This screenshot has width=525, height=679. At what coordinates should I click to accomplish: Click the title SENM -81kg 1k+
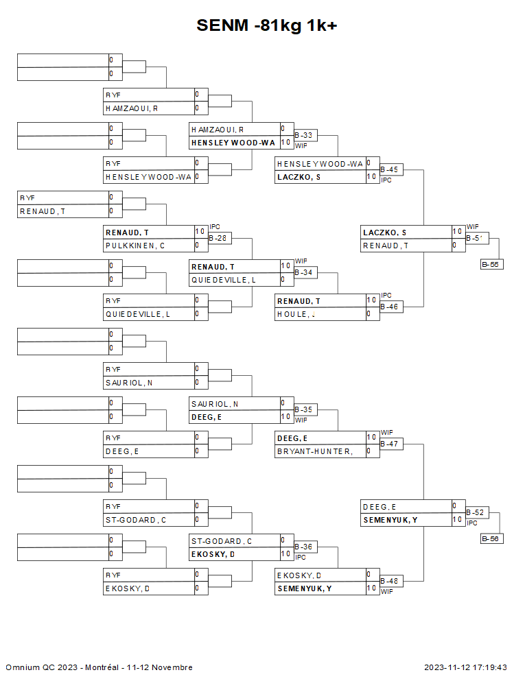pyautogui.click(x=266, y=25)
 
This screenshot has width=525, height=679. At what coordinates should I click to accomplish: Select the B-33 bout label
pyautogui.click(x=303, y=135)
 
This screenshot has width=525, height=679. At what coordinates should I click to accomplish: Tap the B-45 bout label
pyautogui.click(x=390, y=169)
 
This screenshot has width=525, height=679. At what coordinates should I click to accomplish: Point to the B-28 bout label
pyautogui.click(x=218, y=238)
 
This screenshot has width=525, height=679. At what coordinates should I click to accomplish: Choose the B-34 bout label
pyautogui.click(x=303, y=272)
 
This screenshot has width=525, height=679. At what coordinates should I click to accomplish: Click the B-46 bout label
pyautogui.click(x=390, y=307)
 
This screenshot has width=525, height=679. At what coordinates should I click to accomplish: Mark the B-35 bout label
pyautogui.click(x=303, y=409)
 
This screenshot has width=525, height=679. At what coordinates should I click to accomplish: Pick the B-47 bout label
pyautogui.click(x=390, y=444)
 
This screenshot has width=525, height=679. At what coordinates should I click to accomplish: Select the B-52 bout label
pyautogui.click(x=475, y=512)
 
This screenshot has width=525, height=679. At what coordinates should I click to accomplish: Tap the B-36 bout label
pyautogui.click(x=303, y=547)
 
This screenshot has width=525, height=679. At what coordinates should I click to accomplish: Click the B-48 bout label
pyautogui.click(x=390, y=581)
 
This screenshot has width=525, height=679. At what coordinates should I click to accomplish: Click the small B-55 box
pyautogui.click(x=491, y=264)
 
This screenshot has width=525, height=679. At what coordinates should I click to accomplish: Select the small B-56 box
pyautogui.click(x=491, y=538)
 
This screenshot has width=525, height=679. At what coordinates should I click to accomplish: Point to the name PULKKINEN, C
pyautogui.click(x=135, y=246)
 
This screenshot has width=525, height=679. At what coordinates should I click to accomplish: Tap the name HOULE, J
pyautogui.click(x=296, y=314)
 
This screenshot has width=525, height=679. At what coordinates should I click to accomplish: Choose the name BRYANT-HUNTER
pyautogui.click(x=314, y=451)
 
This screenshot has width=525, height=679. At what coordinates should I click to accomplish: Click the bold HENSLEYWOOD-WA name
pyautogui.click(x=233, y=143)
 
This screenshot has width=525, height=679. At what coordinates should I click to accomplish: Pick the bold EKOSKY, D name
pyautogui.click(x=213, y=554)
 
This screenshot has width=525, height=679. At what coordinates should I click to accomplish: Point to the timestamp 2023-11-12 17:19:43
pyautogui.click(x=465, y=667)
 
